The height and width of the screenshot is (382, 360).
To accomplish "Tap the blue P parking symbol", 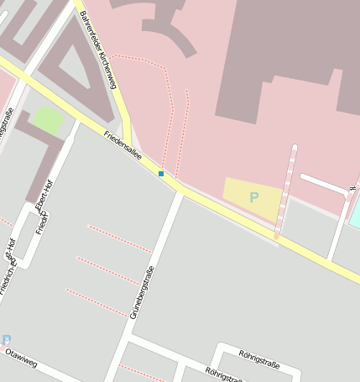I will [253, 198].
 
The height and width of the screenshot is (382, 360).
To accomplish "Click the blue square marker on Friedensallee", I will [161, 174].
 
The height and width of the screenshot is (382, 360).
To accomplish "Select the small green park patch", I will [48, 121].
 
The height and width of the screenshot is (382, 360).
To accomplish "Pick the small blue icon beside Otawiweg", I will [5, 339].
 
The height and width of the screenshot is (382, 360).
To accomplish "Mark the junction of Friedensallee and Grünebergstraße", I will [179, 192].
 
